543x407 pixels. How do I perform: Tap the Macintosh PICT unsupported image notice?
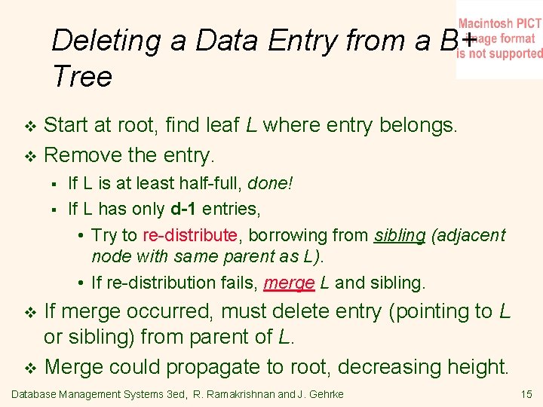coord(499,38)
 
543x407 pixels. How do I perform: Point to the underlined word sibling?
coord(400,235)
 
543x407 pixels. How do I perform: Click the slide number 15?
coord(526,393)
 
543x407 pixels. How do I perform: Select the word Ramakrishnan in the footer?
coord(242,394)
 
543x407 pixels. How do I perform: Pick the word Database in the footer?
coord(35,394)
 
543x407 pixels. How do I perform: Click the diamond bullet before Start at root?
coord(30,125)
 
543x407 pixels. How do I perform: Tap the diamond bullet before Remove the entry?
coord(30,157)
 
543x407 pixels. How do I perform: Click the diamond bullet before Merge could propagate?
coord(30,368)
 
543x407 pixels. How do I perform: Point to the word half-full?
coord(216,183)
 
